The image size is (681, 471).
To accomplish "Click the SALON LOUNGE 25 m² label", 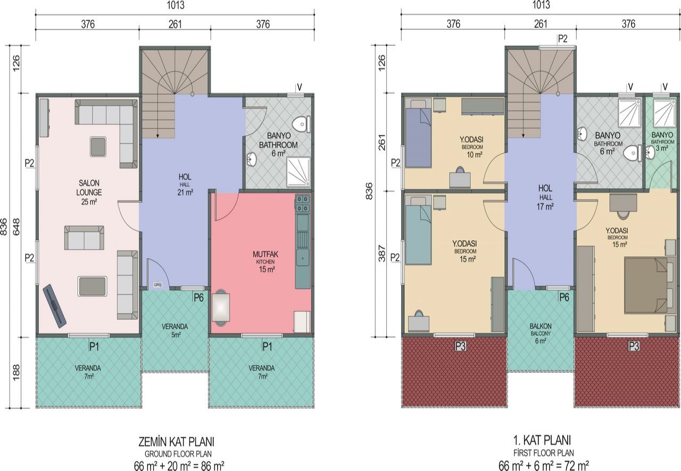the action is [89, 192].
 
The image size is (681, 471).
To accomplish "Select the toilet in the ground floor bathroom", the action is [301, 124].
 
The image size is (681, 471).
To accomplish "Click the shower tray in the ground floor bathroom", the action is [298, 172].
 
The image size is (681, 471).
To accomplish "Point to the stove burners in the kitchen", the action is [303, 204].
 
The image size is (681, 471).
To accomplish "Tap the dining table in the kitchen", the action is [221, 307].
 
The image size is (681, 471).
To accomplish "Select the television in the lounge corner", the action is [54, 305].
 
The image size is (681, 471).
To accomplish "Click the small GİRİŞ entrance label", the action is [157, 285].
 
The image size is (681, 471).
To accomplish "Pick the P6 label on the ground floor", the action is [198, 298].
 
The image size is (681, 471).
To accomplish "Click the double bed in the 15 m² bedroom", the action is [646, 285].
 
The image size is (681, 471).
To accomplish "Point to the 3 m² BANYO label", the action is [662, 141].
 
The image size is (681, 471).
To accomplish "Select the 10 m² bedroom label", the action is [472, 147].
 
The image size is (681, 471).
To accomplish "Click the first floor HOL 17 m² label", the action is [545, 197].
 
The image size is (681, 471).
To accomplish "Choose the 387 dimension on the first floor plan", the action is [382, 254].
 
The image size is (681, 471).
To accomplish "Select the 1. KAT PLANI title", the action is [542, 440].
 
